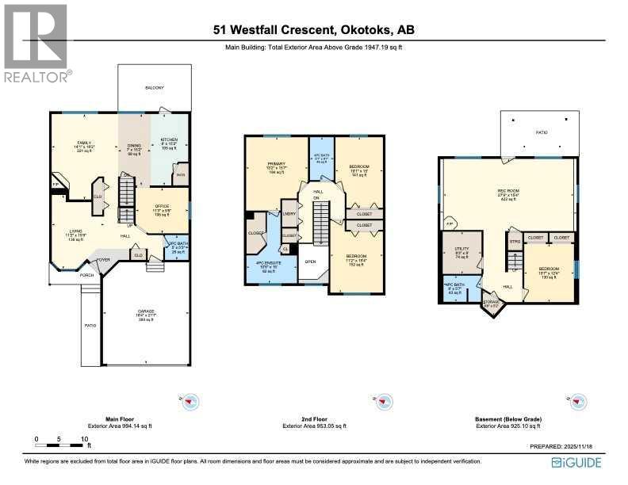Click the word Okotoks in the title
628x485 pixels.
coord(366,30)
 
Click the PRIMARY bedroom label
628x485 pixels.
coord(274,165)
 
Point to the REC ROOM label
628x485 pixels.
coord(507,191)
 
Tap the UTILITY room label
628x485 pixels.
coord(461,250)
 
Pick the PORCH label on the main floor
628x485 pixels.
coord(86,276)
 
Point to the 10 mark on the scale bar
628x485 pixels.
coord(84,438)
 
